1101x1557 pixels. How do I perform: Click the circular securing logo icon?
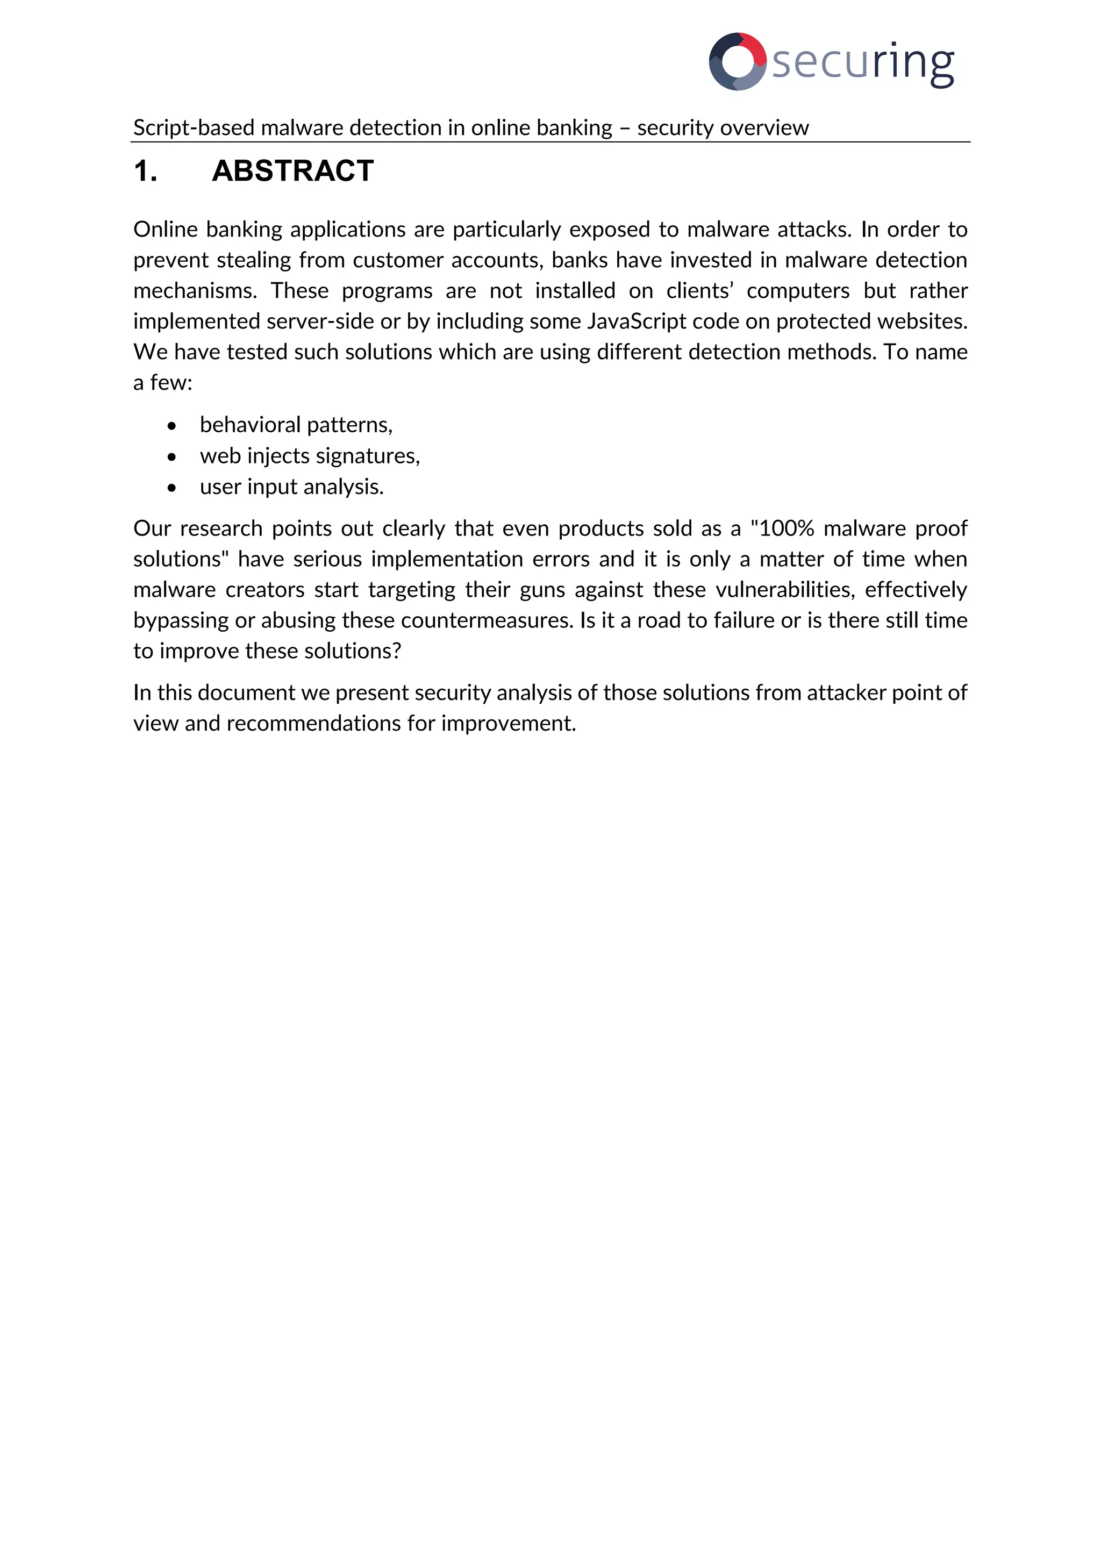737,62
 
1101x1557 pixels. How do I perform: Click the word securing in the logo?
863,62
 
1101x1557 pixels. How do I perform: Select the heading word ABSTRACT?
292,171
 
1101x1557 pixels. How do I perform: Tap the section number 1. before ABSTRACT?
145,171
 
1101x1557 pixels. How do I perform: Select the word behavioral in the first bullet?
249,425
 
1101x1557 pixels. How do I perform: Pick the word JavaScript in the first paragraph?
637,321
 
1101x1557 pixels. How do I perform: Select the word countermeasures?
487,620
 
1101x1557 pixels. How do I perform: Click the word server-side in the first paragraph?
320,321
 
